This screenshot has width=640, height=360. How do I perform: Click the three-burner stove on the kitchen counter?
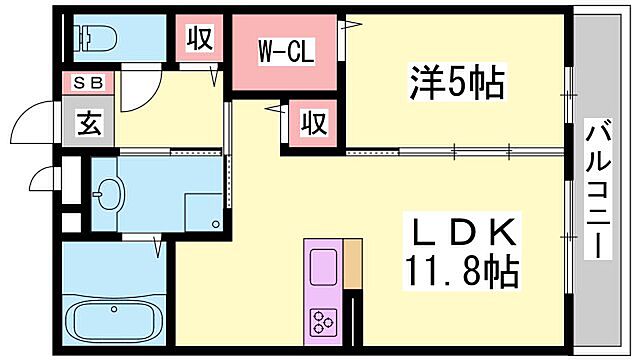[x=323, y=320]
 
